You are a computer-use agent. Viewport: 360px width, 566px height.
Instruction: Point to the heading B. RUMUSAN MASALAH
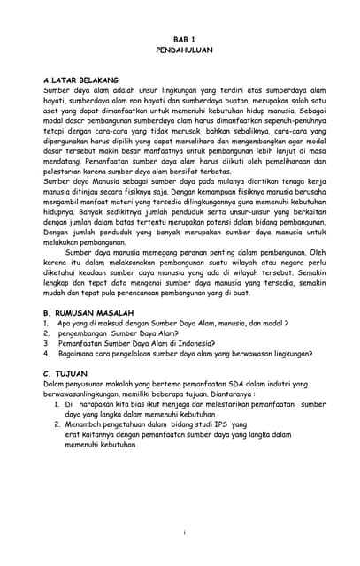(x=88, y=313)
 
